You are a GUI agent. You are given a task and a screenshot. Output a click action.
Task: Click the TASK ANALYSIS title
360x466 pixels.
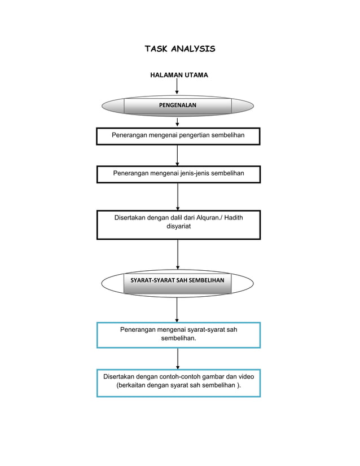(179, 49)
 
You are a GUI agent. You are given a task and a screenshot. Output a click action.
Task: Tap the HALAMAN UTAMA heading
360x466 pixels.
(179, 75)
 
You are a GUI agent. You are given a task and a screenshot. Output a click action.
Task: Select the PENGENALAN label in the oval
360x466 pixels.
(177, 105)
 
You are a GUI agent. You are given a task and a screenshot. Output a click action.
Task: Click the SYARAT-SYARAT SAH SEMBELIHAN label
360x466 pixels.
(177, 280)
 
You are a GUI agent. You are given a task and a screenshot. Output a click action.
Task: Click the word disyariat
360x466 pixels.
(179, 226)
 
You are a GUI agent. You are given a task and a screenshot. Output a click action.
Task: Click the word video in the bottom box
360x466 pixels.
(246, 376)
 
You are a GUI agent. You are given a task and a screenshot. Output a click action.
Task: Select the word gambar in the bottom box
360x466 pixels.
(214, 376)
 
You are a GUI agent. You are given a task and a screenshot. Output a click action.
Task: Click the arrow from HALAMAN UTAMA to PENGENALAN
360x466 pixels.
(177, 86)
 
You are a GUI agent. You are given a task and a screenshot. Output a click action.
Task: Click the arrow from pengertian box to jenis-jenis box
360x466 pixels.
(177, 155)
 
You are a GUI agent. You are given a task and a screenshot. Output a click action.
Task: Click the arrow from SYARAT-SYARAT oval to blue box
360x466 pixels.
(177, 309)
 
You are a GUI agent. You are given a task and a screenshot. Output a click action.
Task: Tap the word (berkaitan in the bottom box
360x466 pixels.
(130, 385)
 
